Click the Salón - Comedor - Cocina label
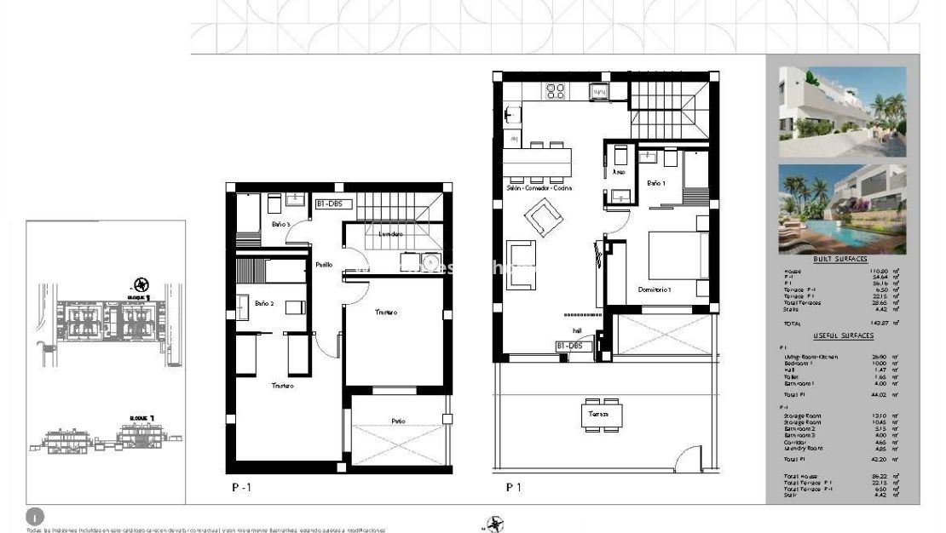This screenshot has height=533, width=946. click(x=538, y=188)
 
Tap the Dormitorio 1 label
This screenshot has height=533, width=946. click(x=655, y=290)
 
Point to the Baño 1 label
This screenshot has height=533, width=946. click(x=655, y=183)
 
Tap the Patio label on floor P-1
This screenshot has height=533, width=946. click(x=398, y=420)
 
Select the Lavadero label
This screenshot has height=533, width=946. click(x=392, y=233)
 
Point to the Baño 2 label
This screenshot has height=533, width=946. click(x=263, y=304)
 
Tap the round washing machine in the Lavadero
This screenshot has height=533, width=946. click(x=430, y=261)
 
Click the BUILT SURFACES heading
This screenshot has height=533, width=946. click(x=839, y=260)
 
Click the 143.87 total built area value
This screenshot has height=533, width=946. click(x=889, y=324)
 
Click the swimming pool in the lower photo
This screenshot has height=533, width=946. click(x=861, y=231)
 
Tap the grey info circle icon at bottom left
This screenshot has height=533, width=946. click(x=35, y=516)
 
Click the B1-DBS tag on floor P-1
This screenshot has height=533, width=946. click(x=333, y=204)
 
